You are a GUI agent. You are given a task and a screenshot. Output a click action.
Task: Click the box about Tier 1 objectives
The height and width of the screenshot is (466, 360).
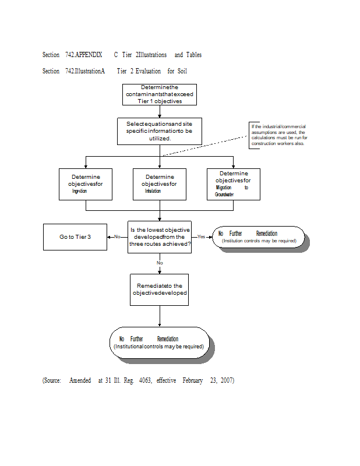(x=159, y=94)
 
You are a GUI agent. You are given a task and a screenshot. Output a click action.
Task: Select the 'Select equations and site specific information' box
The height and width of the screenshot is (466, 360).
(x=159, y=131)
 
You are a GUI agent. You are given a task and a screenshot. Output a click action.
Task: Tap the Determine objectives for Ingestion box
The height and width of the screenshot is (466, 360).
(x=86, y=184)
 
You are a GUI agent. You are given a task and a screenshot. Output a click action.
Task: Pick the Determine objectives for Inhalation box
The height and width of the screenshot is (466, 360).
(x=160, y=184)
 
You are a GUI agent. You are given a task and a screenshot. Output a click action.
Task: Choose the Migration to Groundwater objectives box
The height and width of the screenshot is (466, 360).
(x=233, y=184)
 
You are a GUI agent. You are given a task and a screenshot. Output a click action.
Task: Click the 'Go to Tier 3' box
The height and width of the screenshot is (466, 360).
(x=75, y=237)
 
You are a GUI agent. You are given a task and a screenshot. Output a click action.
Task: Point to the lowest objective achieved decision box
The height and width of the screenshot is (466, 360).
(x=160, y=237)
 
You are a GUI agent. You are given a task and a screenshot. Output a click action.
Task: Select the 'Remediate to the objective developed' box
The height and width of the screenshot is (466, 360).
(x=159, y=290)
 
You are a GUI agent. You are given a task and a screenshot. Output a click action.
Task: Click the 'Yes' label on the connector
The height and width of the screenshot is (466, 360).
(x=202, y=237)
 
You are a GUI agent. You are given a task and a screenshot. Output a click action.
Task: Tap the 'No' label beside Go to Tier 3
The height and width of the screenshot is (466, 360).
(x=117, y=237)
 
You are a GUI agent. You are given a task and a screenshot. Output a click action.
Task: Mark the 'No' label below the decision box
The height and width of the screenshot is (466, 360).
(x=160, y=263)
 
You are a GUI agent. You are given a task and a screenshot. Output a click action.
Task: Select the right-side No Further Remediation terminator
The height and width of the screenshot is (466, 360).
(x=258, y=237)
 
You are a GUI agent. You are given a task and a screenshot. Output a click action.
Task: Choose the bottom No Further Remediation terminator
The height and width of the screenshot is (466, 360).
(x=159, y=343)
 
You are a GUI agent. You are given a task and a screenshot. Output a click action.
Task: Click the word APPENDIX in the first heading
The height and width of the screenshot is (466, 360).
(x=89, y=55)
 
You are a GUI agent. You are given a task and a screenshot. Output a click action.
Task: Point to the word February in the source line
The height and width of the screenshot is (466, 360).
(x=192, y=380)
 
